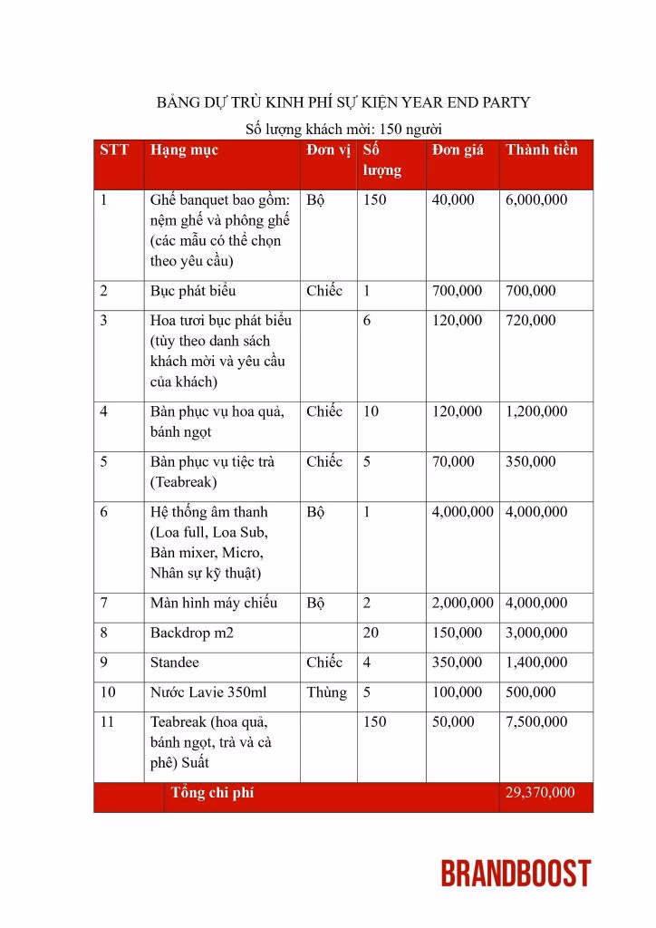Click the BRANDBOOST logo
(x=516, y=874)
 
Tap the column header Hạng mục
(x=184, y=150)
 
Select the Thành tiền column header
(x=541, y=150)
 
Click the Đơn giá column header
(x=458, y=150)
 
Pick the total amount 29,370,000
(x=540, y=793)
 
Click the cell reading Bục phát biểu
(x=193, y=292)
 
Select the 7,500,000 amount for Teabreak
(x=536, y=722)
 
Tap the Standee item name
(x=175, y=662)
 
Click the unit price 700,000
(x=458, y=292)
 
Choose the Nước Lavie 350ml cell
(x=208, y=692)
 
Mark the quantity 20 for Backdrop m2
(x=371, y=633)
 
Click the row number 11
(x=108, y=722)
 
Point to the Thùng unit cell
(x=326, y=692)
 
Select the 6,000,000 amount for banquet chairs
(x=536, y=199)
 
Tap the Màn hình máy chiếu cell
(x=214, y=603)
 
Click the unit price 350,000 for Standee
(x=458, y=662)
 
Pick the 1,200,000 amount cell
(x=536, y=411)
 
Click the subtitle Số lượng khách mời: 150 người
(x=343, y=129)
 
